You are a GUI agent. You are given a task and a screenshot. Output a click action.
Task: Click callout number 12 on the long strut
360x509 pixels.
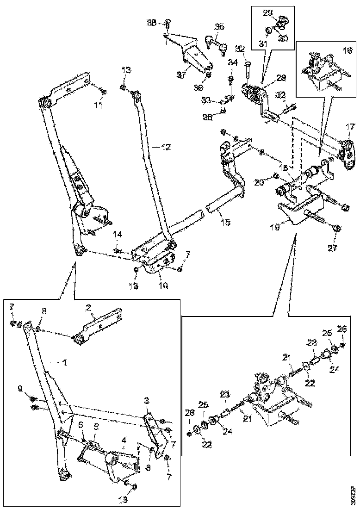166,147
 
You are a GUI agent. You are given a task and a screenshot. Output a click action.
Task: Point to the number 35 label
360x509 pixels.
219,26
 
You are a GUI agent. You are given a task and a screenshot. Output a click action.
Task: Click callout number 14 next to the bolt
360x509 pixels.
117,236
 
